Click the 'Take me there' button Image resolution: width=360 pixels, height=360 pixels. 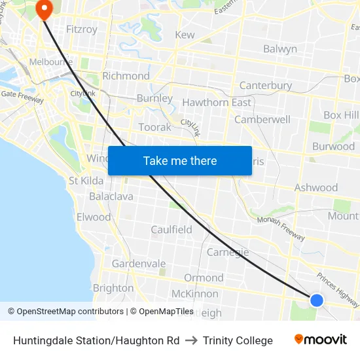[180, 160]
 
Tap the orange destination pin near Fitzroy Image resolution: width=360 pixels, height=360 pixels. [45, 9]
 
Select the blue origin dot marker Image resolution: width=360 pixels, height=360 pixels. [316, 300]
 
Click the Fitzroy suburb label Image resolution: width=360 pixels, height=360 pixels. [82, 29]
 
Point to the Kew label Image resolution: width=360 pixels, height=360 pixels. [185, 35]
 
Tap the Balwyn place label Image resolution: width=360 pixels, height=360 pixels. [279, 48]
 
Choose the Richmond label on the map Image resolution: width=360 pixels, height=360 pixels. [126, 76]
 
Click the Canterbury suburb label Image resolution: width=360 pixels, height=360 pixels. [265, 86]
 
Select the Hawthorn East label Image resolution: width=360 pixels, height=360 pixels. [216, 103]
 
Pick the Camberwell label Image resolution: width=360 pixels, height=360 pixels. [262, 120]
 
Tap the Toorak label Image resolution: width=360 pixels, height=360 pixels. [154, 127]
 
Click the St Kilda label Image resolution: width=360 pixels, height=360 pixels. [86, 180]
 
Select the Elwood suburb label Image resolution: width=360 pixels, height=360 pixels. [94, 217]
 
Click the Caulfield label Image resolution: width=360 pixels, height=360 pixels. [171, 230]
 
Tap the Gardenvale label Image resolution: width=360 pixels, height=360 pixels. [138, 263]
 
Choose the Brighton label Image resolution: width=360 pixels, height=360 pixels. [113, 288]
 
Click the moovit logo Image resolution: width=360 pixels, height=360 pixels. [320, 340]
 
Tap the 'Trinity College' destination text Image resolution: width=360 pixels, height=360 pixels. [238, 340]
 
